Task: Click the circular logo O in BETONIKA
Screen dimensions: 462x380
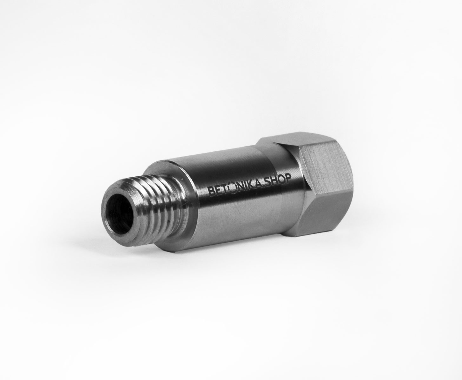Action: click(232, 188)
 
